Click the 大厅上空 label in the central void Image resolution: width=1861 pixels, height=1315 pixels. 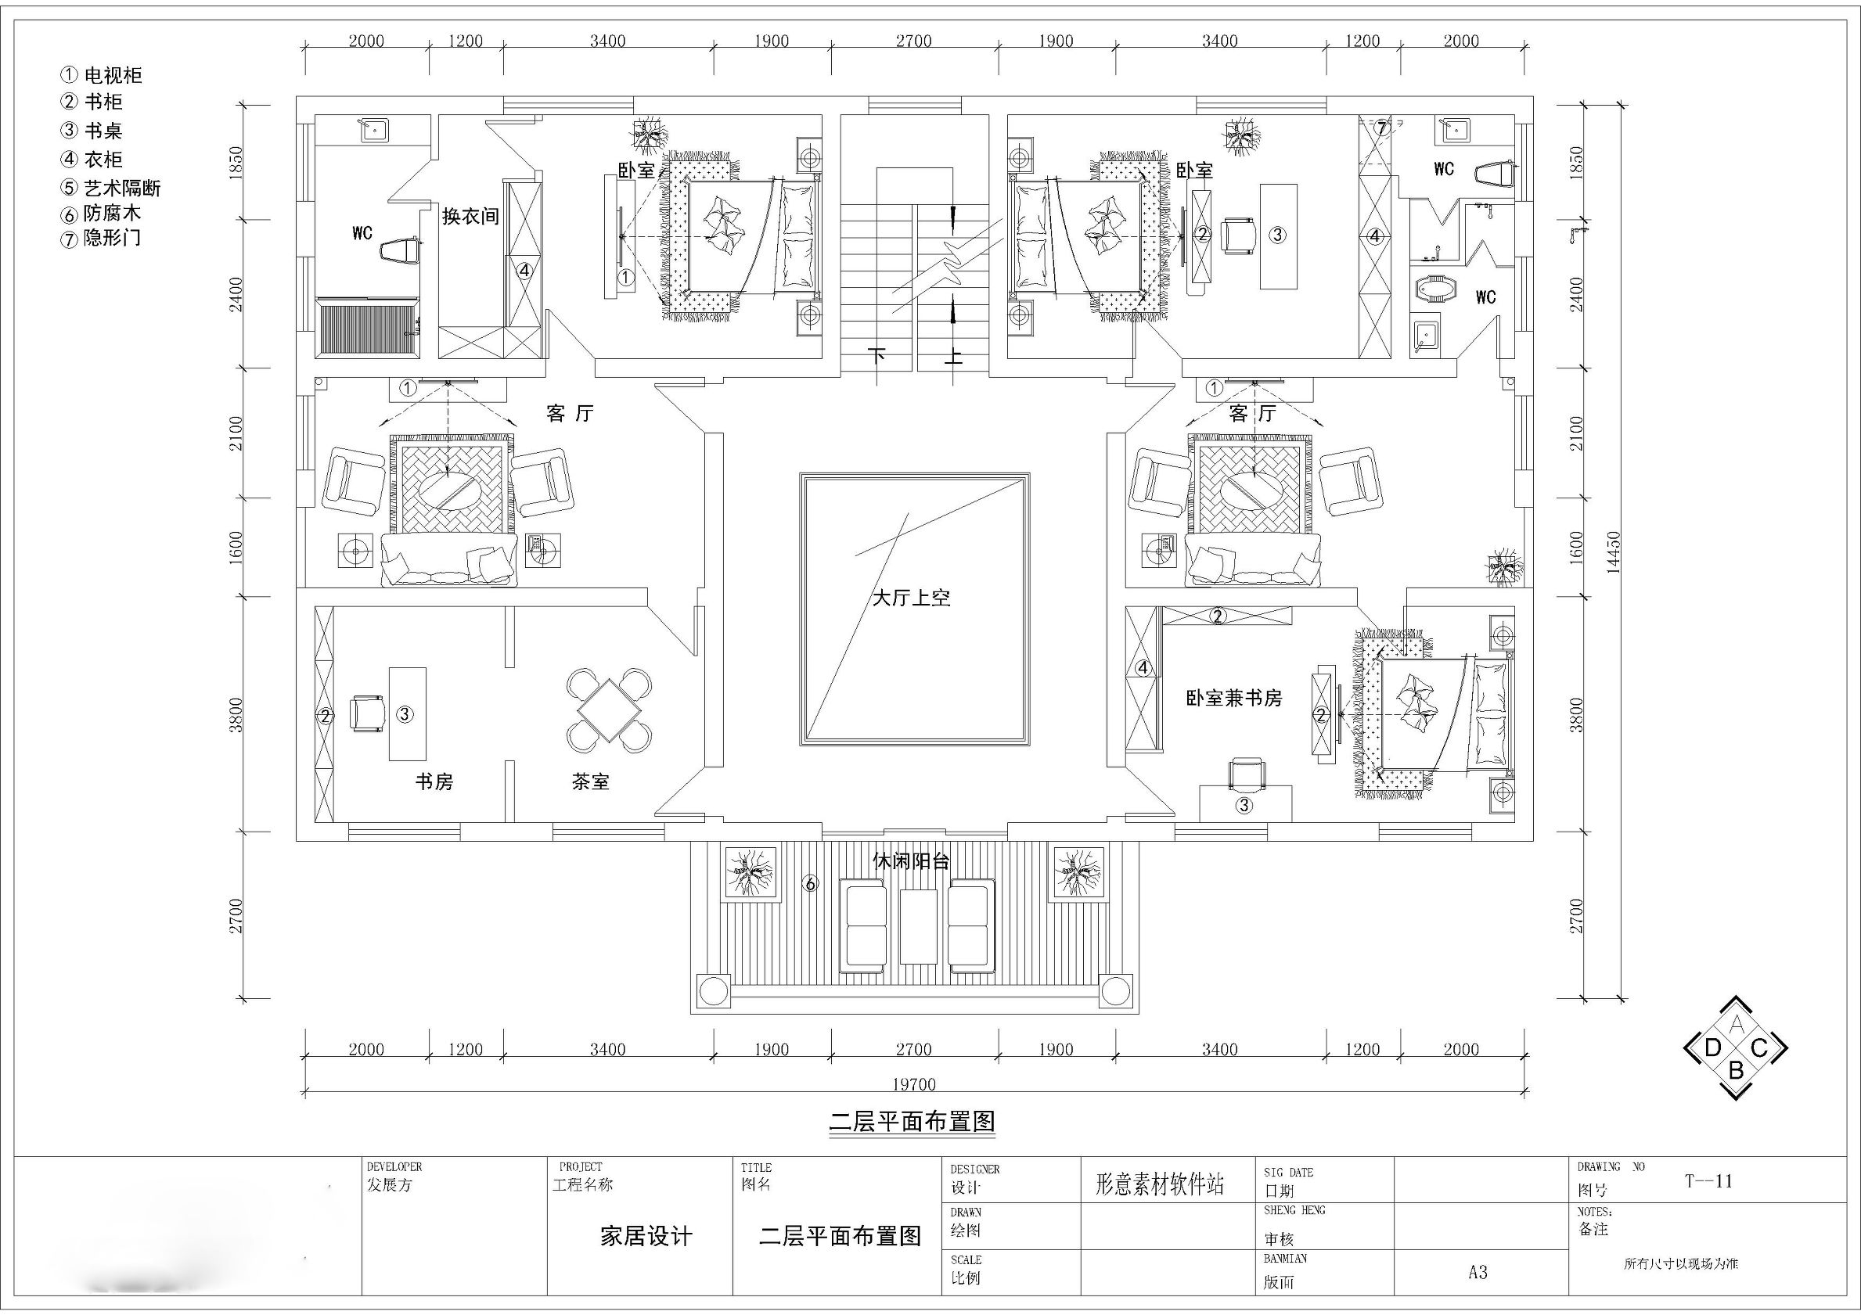click(x=910, y=598)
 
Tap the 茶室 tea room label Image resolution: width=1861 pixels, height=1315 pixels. click(x=590, y=781)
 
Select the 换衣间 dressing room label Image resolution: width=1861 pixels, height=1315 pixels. click(x=470, y=217)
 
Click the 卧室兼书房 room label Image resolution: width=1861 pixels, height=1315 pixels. click(x=1233, y=698)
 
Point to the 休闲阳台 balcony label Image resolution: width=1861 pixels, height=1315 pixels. click(x=910, y=860)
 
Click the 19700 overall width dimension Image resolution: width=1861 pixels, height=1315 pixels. click(x=914, y=1084)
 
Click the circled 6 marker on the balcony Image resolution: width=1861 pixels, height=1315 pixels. click(x=810, y=884)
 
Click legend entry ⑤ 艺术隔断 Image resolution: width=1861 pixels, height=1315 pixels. click(x=111, y=188)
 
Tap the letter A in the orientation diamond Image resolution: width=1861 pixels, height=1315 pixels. click(x=1736, y=1024)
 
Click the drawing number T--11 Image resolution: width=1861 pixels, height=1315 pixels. click(x=1708, y=1180)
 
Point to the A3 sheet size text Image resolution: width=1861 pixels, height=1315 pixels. click(x=1478, y=1272)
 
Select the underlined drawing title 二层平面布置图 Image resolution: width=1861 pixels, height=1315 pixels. click(x=912, y=1121)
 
